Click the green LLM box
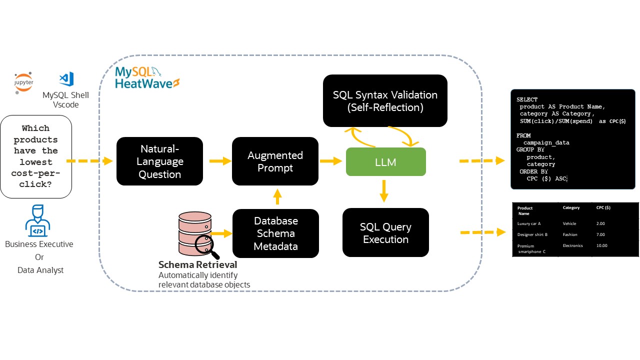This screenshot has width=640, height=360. pyautogui.click(x=385, y=161)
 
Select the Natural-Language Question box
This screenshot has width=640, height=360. pyautogui.click(x=159, y=161)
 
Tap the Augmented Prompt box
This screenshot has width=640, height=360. pyautogui.click(x=275, y=161)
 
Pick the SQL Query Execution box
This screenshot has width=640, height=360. pyautogui.click(x=385, y=233)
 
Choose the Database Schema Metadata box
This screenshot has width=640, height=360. pyautogui.click(x=275, y=233)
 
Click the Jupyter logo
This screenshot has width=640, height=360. pyautogui.click(x=23, y=83)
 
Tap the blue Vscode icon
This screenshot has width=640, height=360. pyautogui.click(x=66, y=79)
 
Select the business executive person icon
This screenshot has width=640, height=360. pyautogui.click(x=37, y=220)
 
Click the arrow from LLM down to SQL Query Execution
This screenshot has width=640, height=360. pyautogui.click(x=384, y=191)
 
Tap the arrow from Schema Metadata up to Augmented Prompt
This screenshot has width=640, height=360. pyautogui.click(x=277, y=196)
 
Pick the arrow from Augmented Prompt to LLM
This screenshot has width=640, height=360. pyautogui.click(x=331, y=161)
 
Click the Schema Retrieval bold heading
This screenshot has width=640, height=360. pyautogui.click(x=197, y=264)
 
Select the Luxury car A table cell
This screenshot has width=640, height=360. pyautogui.click(x=528, y=223)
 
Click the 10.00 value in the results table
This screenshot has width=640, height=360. pyautogui.click(x=602, y=245)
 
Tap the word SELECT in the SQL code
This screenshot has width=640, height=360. pyautogui.click(x=527, y=99)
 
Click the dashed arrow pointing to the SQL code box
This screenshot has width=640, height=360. pyautogui.click(x=482, y=161)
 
